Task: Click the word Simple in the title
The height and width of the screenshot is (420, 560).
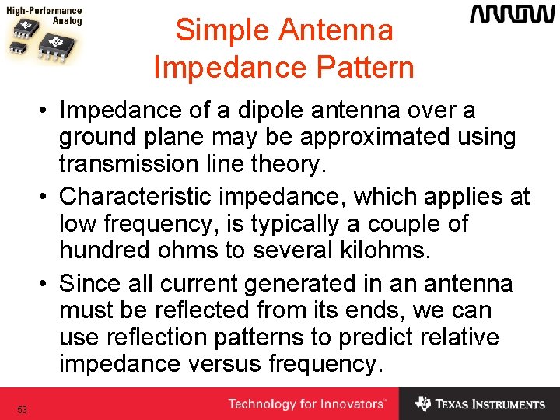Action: tap(219, 30)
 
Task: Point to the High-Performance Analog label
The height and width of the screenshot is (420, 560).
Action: tap(44, 16)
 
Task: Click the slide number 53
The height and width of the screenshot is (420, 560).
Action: tap(23, 409)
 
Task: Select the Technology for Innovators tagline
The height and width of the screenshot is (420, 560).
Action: tap(306, 404)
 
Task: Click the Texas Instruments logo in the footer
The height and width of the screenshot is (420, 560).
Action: tap(480, 404)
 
